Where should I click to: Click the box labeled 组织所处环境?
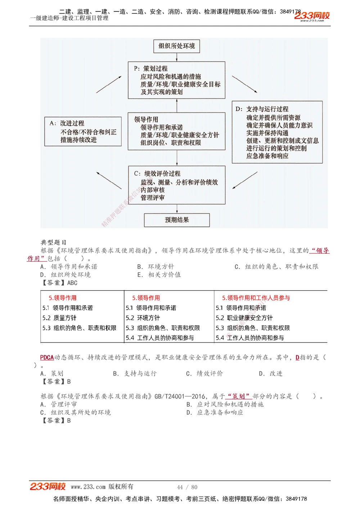pos(176,46)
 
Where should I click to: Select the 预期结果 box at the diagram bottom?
pos(177,220)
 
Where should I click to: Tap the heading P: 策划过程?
pos(151,68)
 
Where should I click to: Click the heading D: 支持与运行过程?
pos(262,109)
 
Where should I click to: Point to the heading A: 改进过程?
pos(67,123)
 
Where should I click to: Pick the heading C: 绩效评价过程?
pos(157,173)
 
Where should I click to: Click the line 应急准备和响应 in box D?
pos(267,156)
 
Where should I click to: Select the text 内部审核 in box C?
pos(153,190)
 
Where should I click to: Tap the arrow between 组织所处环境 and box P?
pos(177,57)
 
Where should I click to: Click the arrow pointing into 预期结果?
pos(177,209)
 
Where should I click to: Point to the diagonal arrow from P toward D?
pos(244,85)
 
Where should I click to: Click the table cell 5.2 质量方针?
pos(59,318)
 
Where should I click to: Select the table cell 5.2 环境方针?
pos(143,318)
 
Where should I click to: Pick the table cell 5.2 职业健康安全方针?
pos(244,318)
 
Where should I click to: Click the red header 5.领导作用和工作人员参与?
pos(256,298)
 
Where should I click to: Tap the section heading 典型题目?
pos(53,242)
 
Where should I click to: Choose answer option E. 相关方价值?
pos(159,275)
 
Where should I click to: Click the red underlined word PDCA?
pos(47,358)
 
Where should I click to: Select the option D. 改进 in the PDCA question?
pos(271,374)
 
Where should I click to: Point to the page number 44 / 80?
pos(187,487)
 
